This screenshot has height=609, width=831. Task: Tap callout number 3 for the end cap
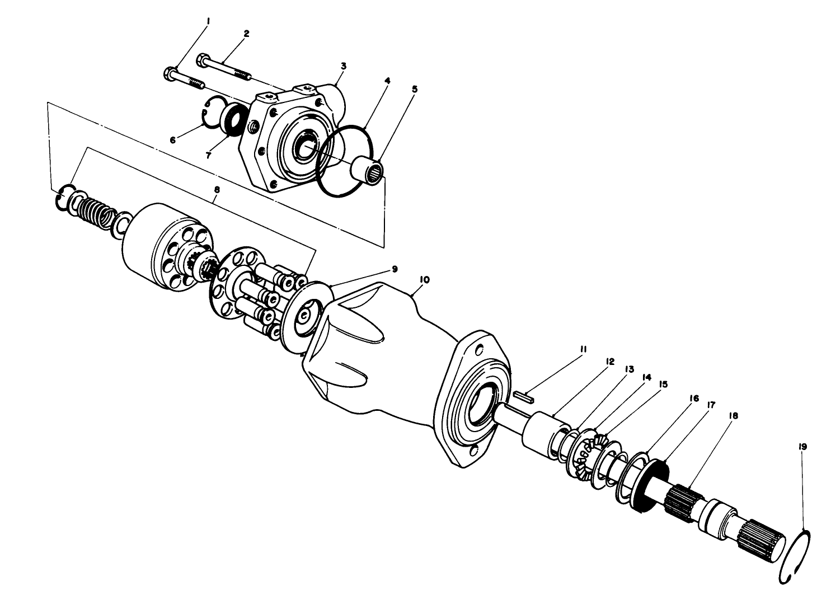(x=344, y=65)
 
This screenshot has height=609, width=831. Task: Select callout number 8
(x=217, y=190)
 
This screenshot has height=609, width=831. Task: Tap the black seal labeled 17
(x=652, y=484)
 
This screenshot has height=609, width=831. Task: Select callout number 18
(x=733, y=416)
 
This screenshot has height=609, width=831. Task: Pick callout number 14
(x=647, y=378)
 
